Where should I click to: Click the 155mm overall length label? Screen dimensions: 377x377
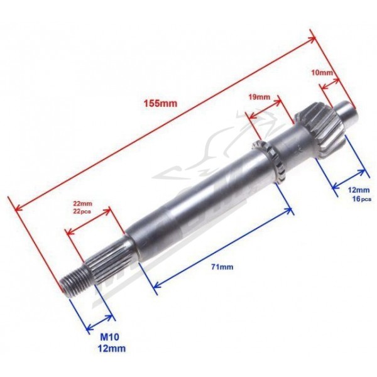click(160, 104)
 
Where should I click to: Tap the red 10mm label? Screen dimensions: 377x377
click(322, 72)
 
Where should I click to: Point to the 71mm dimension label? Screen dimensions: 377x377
click(222, 266)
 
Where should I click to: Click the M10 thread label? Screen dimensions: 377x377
click(109, 337)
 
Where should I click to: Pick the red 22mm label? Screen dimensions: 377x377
click(83, 204)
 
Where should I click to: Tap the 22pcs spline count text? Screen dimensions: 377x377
click(82, 212)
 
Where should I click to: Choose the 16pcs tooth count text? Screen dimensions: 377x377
click(362, 199)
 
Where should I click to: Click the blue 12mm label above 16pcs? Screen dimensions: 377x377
click(359, 190)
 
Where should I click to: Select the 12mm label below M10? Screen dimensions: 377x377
click(112, 348)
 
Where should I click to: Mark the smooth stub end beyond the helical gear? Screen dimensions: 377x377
click(347, 112)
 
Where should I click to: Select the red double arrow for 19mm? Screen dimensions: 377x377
click(265, 109)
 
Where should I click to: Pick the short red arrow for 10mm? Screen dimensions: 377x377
click(330, 84)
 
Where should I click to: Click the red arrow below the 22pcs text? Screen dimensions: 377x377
click(88, 221)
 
